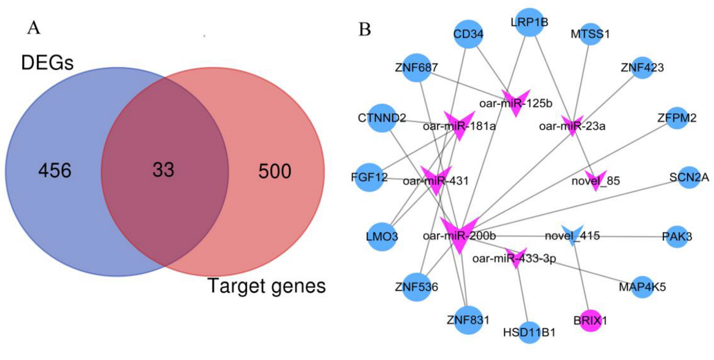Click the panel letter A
(x=34, y=28)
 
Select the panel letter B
(x=364, y=28)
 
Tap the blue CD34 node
(x=468, y=34)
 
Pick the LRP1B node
(x=529, y=22)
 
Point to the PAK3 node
(x=677, y=236)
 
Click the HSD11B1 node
(x=529, y=332)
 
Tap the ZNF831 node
(x=468, y=319)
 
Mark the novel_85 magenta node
(x=595, y=180)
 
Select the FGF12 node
(x=369, y=178)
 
